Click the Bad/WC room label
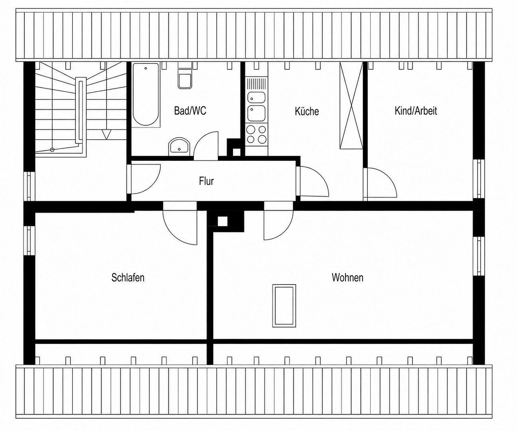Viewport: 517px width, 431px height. click(190, 111)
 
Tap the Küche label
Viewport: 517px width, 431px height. click(307, 111)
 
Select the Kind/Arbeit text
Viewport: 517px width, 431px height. click(416, 111)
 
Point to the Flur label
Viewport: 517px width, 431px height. click(206, 181)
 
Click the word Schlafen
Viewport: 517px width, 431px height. click(128, 277)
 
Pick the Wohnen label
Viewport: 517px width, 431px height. click(347, 277)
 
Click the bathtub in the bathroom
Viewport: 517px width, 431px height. click(146, 95)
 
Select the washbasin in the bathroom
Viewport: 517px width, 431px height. click(179, 146)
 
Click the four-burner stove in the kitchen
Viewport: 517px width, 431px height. click(256, 135)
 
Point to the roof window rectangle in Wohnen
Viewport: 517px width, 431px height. click(284, 306)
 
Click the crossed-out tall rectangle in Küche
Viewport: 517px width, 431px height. click(351, 105)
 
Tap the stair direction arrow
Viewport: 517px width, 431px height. click(107, 134)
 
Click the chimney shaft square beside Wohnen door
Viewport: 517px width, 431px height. click(222, 221)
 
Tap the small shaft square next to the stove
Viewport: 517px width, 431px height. click(237, 152)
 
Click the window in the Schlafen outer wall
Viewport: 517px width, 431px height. click(29, 240)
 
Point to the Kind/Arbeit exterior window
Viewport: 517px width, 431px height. click(479, 179)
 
